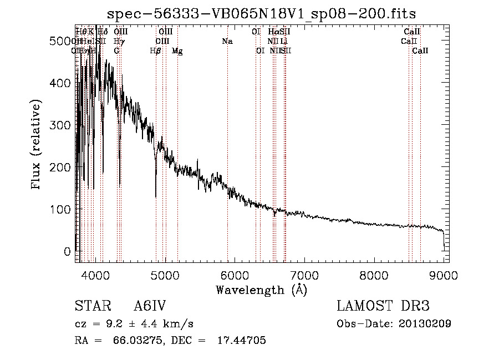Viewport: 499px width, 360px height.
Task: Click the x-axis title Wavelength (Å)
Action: coord(262,290)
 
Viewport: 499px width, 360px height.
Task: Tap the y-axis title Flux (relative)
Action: coord(37,145)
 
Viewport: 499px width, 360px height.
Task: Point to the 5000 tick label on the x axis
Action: coord(165,275)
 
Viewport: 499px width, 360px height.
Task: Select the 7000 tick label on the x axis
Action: coord(304,275)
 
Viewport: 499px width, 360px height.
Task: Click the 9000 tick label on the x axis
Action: coord(444,275)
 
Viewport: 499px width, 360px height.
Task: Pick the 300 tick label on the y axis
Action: coord(62,125)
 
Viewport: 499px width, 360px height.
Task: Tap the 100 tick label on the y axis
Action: coord(62,210)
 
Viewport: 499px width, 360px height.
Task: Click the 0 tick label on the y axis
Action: coord(68,252)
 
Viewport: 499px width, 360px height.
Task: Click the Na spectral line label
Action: coord(227,42)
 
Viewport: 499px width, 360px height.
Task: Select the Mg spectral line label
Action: coord(177,51)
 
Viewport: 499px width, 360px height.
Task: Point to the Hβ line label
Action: coord(155,51)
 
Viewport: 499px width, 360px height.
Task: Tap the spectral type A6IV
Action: coord(150,306)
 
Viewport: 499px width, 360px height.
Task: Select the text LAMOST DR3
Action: coord(383,306)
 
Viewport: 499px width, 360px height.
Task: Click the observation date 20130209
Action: coord(424,323)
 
